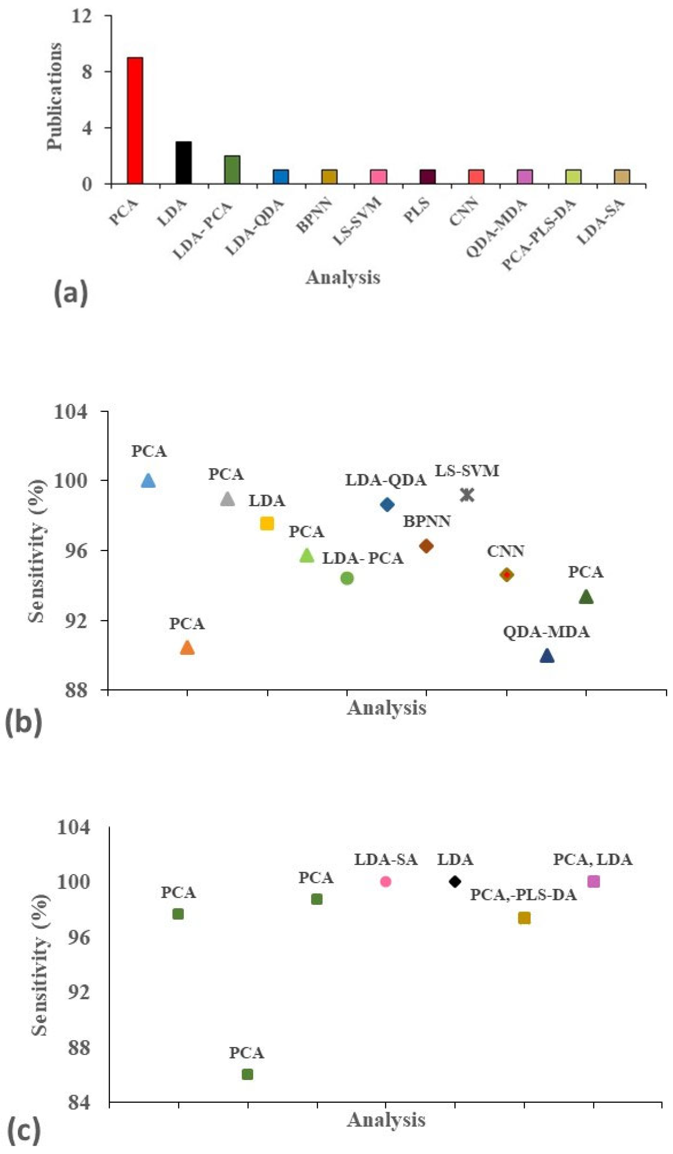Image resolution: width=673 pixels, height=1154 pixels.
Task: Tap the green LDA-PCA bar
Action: pyautogui.click(x=232, y=169)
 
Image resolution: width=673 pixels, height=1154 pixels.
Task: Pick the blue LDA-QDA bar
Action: pyautogui.click(x=281, y=177)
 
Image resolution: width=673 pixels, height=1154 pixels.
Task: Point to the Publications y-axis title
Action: pyautogui.click(x=55, y=96)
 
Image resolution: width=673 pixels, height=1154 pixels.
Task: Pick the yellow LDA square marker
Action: pyautogui.click(x=267, y=523)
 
